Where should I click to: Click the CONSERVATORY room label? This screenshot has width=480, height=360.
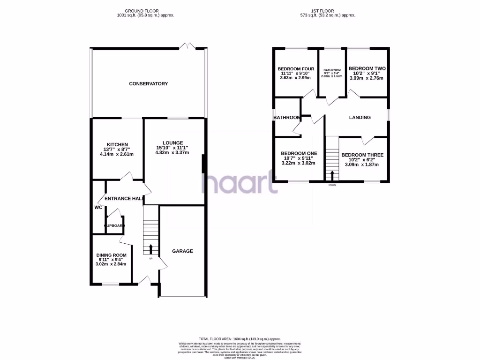pos(148,83)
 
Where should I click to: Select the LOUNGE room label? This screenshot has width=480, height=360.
pos(172,143)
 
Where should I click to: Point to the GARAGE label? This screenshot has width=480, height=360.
pos(182,251)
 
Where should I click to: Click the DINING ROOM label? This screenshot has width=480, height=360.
pos(111,255)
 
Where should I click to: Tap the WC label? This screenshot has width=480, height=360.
pos(98,207)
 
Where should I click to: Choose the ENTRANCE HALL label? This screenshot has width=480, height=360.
pos(123,199)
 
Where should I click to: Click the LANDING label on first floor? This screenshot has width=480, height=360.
pos(360,118)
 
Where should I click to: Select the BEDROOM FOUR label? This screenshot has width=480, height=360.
pos(295,69)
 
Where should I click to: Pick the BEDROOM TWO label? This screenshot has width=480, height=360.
pos(367,68)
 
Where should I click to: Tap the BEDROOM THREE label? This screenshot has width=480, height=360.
pos(362,155)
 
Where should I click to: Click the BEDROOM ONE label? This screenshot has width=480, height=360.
pos(299,153)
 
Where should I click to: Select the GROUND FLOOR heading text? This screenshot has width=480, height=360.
pos(145,10)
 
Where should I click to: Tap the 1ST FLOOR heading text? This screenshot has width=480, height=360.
pos(328,10)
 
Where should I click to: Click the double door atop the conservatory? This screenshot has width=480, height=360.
pos(187,46)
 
